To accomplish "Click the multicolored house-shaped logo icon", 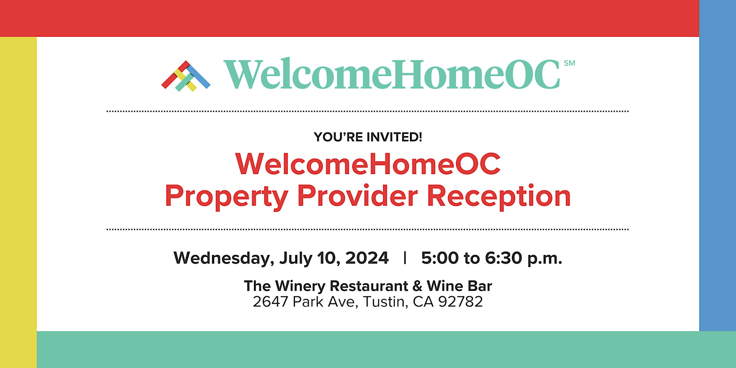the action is [186, 76].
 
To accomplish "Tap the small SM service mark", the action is [569, 63].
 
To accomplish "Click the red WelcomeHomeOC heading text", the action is [368, 164].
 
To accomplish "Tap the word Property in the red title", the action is [227, 197].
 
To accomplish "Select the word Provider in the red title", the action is [357, 195].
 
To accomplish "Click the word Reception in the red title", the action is [499, 197].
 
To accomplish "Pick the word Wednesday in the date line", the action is [224, 258].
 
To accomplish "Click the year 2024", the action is [367, 258].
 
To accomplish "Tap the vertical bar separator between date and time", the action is [405, 258].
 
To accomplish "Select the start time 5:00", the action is [440, 258].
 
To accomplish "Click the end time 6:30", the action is [503, 258].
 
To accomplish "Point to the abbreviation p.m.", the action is [545, 259].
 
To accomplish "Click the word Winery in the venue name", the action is [300, 286].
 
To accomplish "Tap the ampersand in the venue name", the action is [417, 286].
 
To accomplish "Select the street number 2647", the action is [270, 302].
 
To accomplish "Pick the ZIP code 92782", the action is [460, 302].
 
